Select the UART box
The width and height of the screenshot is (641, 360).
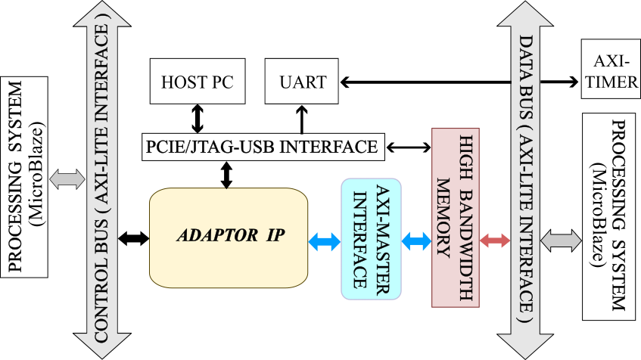(302, 82)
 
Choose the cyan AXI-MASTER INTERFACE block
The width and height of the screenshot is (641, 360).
(371, 238)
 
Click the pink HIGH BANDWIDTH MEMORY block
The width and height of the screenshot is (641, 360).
(456, 218)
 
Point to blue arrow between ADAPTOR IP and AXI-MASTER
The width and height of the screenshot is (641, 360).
(325, 242)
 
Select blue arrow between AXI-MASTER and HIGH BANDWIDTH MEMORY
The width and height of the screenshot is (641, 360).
(416, 242)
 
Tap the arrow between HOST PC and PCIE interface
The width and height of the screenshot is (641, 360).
(198, 118)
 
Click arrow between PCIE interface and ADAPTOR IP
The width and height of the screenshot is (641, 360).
(226, 174)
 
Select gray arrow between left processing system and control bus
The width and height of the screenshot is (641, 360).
(67, 179)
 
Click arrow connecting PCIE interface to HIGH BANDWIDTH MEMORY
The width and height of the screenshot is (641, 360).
(409, 147)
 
